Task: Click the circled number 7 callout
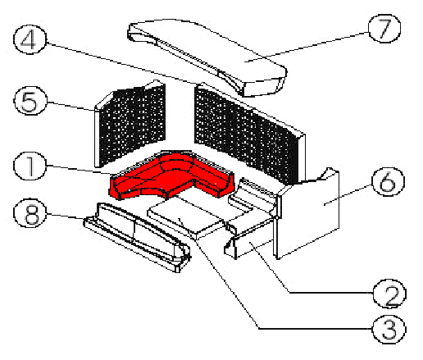click(x=384, y=29)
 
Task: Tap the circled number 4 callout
click(x=30, y=39)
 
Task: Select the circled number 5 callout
click(x=30, y=101)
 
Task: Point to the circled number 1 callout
click(x=30, y=166)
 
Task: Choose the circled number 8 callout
click(x=30, y=213)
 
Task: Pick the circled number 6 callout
click(x=388, y=181)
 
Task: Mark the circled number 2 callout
click(x=389, y=294)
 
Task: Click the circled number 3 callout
click(x=389, y=329)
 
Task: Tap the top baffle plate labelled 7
click(x=207, y=55)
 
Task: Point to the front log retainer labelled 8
click(x=137, y=236)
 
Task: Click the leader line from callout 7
click(x=307, y=47)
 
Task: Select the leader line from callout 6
click(x=348, y=194)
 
